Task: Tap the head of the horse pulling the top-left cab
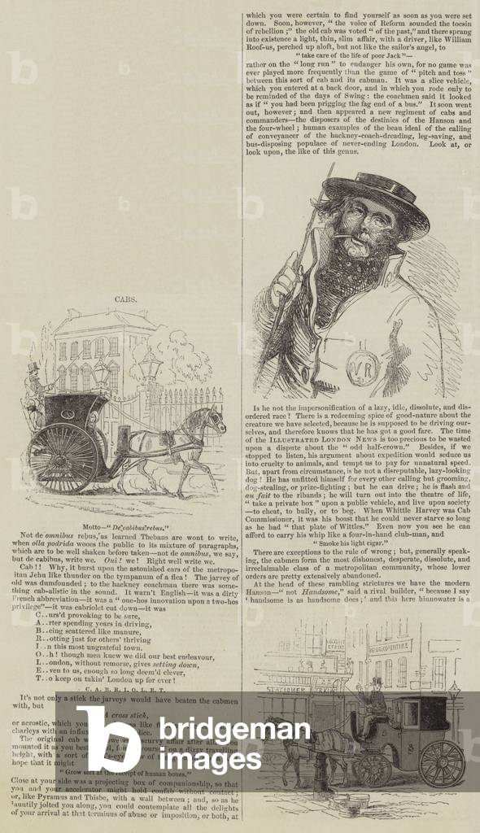pos(214,421)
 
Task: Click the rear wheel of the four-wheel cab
pos(443,763)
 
